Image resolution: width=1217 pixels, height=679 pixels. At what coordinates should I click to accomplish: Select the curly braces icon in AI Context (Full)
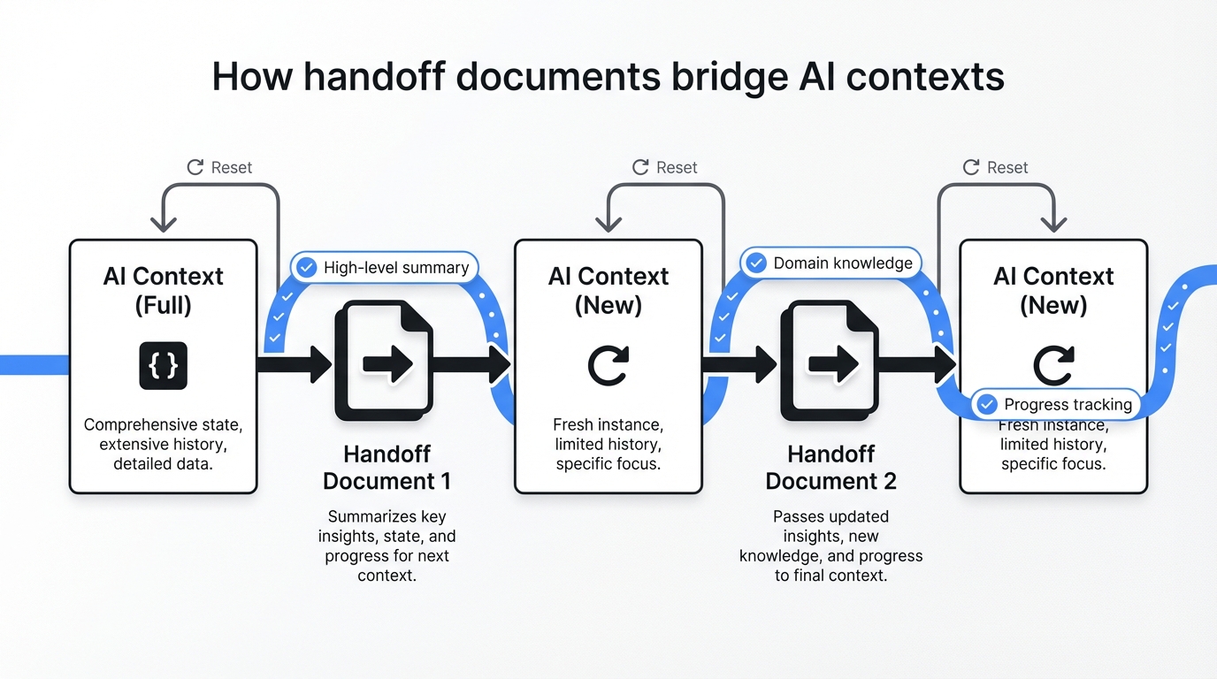[x=164, y=365]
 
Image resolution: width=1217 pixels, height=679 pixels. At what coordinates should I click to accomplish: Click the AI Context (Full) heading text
[x=164, y=290]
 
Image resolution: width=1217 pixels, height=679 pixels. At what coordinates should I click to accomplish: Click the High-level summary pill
[x=385, y=267]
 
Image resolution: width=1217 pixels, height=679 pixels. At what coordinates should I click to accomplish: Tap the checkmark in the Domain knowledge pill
[x=756, y=263]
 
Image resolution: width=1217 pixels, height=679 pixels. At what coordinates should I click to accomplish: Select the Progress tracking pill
[x=1055, y=405]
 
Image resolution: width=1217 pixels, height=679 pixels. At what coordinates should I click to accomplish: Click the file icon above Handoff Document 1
[x=383, y=361]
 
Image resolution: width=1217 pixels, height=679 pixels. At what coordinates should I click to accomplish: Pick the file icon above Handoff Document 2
[x=829, y=361]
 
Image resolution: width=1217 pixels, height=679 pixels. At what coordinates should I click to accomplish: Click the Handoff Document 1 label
[x=387, y=468]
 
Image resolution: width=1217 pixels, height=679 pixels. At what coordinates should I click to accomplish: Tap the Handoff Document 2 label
[x=830, y=468]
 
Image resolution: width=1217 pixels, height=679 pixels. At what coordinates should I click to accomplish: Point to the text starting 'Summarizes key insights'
[x=387, y=545]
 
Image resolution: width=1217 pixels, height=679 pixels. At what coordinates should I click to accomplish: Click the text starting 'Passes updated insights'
[x=830, y=545]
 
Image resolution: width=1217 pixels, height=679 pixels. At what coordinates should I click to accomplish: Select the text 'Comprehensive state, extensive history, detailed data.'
[x=163, y=444]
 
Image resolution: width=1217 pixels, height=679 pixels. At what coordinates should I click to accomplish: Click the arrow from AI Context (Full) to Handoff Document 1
[x=295, y=364]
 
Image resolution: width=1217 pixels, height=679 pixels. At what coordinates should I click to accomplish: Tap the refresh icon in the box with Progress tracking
[x=1054, y=364]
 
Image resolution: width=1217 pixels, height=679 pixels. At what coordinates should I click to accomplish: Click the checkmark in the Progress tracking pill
[x=986, y=405]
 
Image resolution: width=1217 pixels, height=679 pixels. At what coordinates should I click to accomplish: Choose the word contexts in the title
[x=925, y=77]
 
